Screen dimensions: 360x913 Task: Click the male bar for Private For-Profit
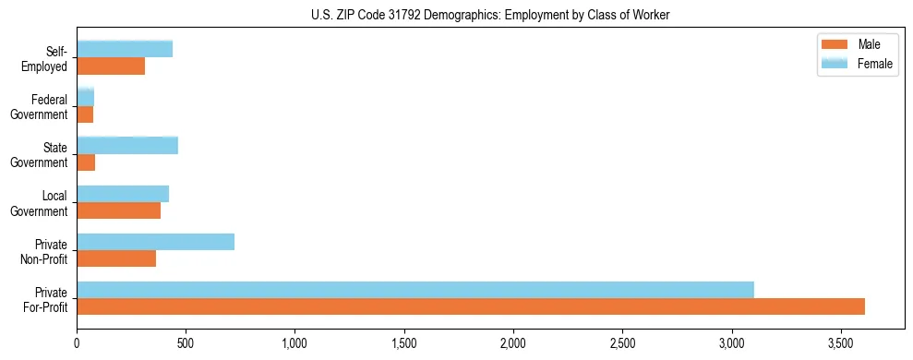471,306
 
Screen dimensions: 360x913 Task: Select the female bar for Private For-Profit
415,290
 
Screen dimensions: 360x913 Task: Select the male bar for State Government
86,162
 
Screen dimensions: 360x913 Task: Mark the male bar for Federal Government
85,114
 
